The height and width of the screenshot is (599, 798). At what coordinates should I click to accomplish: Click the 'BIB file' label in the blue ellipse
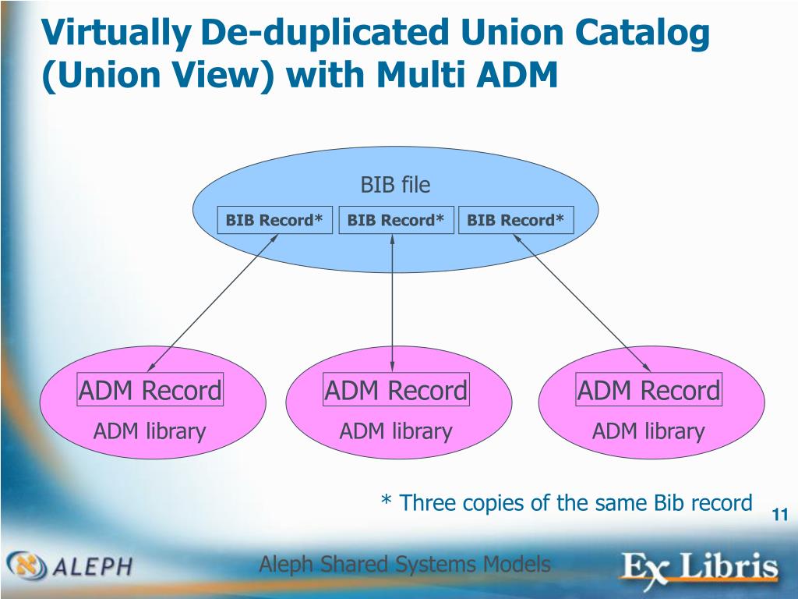coord(395,185)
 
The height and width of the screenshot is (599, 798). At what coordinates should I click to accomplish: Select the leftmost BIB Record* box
coord(274,221)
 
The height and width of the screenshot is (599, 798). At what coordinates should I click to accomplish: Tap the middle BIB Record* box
coord(396,221)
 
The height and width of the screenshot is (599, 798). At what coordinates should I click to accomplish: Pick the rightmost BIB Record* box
coord(515,221)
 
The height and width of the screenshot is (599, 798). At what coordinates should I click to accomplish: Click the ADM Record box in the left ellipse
coord(150,390)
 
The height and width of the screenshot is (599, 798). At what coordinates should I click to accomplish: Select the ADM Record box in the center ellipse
coord(396,390)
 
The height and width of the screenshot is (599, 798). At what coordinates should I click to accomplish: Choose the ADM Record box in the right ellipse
coord(648,390)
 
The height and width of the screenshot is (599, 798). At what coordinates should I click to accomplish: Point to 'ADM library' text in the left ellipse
coord(150,431)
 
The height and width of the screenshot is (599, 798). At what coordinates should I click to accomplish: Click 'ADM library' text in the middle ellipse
coord(396,431)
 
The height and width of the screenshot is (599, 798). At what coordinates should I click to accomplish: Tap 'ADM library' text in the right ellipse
coord(648,431)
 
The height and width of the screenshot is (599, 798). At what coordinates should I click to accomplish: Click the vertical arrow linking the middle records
coord(392,304)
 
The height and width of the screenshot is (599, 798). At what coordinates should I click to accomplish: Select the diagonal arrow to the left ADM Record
coord(212,303)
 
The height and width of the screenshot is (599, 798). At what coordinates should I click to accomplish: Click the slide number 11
coord(779,515)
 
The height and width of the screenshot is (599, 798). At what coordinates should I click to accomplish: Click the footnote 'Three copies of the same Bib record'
coord(567,503)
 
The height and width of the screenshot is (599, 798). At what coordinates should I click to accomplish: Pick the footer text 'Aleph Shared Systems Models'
coord(404,564)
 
